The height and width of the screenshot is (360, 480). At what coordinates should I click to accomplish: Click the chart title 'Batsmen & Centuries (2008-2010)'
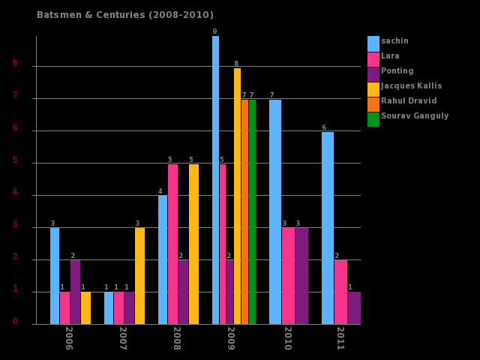tap(125, 15)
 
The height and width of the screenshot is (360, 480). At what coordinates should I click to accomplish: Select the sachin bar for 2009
tap(215, 180)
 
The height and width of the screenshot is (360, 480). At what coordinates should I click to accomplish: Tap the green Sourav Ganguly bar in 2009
tap(252, 211)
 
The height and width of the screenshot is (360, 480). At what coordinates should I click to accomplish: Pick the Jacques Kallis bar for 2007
tap(139, 276)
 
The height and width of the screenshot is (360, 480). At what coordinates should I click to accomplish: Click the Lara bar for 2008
tap(172, 244)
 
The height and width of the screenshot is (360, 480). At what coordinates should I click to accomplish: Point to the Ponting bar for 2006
tap(75, 292)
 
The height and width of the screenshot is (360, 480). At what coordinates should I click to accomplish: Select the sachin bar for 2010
tap(275, 211)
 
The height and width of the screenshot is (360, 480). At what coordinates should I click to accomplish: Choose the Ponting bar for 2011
tap(354, 308)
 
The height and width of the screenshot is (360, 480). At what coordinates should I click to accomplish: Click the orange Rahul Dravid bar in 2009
tap(244, 211)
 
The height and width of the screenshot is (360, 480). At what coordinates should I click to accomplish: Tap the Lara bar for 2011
tap(340, 292)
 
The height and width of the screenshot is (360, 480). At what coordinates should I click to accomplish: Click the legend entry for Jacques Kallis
tap(411, 86)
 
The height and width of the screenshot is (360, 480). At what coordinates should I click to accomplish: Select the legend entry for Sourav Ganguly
tap(415, 116)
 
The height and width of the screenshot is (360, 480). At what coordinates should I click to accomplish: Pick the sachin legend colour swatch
tap(373, 43)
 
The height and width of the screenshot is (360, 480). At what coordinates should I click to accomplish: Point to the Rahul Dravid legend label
tap(409, 101)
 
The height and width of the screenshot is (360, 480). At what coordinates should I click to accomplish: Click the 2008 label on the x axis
tap(177, 338)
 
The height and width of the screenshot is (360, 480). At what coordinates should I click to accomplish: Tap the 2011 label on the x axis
tap(340, 338)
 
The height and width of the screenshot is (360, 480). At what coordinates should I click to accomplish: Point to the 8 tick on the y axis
tap(15, 64)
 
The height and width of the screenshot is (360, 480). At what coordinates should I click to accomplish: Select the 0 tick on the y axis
tap(15, 321)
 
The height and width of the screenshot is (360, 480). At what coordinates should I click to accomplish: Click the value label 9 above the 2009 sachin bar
tap(214, 31)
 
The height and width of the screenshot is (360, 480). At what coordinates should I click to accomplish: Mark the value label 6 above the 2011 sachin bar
tap(324, 127)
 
